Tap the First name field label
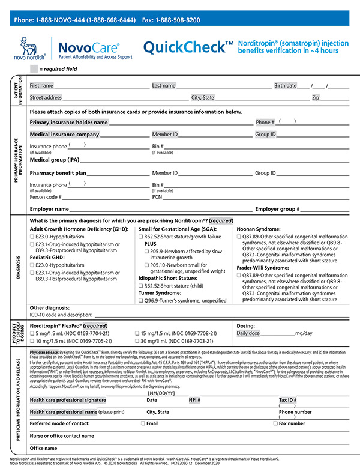click(41, 85)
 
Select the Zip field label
click(315, 97)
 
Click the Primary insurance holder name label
click(68, 122)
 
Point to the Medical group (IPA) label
click(55, 160)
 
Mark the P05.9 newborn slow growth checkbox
click(147, 253)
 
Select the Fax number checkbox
click(275, 423)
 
